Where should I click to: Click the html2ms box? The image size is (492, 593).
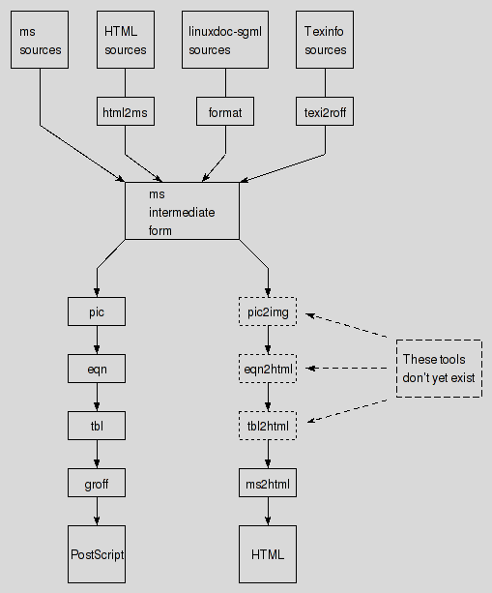126,111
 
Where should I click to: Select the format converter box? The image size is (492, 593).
225,111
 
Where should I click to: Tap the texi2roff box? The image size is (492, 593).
325,111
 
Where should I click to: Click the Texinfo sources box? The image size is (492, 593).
325,40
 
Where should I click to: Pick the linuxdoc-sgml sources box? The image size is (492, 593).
225,40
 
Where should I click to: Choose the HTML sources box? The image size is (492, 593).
126,40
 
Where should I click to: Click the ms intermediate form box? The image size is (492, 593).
182,211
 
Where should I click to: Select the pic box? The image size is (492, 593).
97,311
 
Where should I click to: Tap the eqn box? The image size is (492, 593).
97,369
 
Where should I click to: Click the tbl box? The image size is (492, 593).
97,426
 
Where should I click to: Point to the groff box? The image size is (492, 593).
97,483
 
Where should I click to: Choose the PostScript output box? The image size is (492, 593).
97,554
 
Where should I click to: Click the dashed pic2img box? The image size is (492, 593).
268,311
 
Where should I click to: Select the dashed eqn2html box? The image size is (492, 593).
268,369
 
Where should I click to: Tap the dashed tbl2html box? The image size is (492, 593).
268,426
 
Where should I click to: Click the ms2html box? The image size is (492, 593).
268,483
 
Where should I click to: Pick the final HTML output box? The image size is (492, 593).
268,554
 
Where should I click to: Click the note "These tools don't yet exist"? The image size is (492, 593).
439,369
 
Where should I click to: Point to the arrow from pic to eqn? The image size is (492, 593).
97,340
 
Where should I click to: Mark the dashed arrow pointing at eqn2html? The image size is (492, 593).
346,368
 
